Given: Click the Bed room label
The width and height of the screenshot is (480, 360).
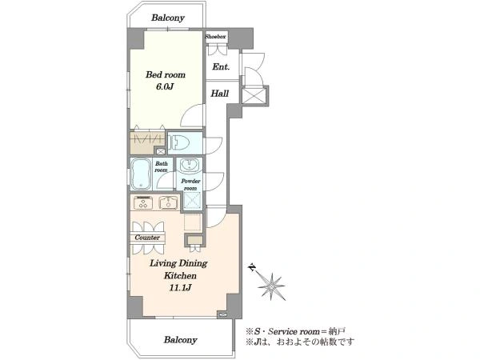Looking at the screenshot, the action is (166, 74).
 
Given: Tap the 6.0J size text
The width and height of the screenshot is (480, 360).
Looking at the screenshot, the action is (165, 86).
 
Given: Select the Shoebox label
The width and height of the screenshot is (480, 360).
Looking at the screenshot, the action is (215, 37).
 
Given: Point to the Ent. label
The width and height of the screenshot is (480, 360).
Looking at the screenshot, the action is (221, 66).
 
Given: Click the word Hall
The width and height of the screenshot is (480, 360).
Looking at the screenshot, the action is (220, 94).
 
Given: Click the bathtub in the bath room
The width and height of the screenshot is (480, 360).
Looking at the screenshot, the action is (141, 174).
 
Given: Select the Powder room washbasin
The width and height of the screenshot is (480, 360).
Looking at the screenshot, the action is (189, 166).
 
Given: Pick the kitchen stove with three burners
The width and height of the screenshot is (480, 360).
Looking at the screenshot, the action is (143, 202).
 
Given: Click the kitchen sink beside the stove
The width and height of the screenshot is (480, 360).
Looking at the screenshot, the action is (169, 202).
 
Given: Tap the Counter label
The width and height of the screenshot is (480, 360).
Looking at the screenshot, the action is (147, 238).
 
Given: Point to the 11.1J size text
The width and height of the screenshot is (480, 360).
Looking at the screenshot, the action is (180, 288).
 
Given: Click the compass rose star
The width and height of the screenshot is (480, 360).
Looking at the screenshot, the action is (272, 286).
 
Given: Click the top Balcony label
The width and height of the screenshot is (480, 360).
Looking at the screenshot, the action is (168, 18).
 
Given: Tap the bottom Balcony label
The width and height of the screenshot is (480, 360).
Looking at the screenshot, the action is (180, 340).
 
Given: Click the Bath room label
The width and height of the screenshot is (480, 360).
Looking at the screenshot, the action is (161, 167).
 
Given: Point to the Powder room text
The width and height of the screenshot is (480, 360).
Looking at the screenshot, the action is (190, 185).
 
